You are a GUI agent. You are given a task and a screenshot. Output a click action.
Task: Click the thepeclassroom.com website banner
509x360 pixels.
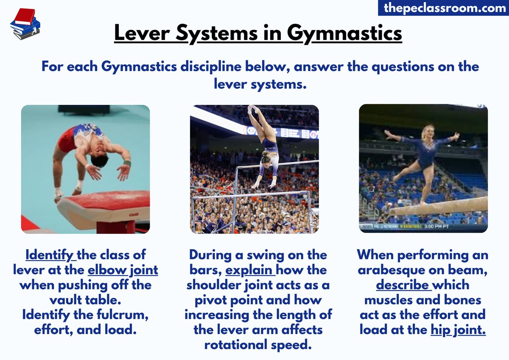[443, 8]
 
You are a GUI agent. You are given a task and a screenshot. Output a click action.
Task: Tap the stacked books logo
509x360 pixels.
[25, 24]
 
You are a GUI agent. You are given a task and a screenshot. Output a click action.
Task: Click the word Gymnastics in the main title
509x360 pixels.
[344, 33]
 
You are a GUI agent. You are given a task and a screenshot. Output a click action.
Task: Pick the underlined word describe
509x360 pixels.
[404, 285]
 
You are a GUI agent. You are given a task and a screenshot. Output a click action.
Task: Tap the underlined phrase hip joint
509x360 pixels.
[459, 329]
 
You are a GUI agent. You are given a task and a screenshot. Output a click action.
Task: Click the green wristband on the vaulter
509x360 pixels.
[127, 163]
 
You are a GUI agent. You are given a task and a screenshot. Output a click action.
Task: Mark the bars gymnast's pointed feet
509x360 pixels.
[254, 109]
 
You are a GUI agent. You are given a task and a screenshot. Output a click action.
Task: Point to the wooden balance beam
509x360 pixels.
[441, 206]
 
